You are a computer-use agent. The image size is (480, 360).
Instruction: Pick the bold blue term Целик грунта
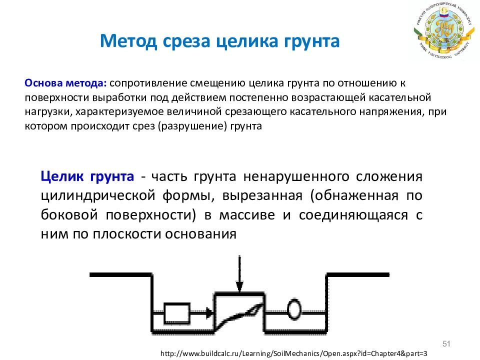coord(87,176)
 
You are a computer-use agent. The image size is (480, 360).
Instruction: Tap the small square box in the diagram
coord(176,313)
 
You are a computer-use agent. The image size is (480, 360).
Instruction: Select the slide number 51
coord(446,343)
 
